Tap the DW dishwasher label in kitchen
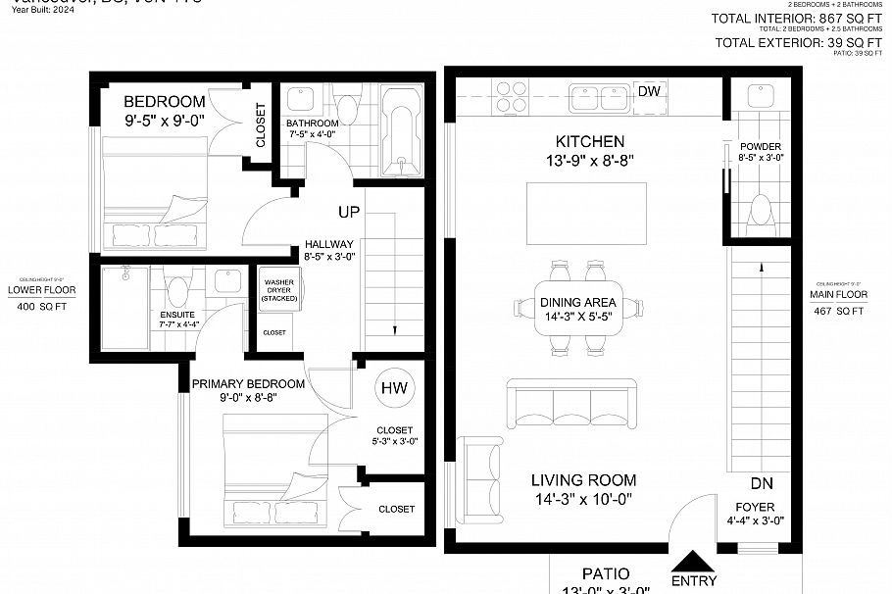tap(649, 91)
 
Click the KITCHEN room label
tap(589, 142)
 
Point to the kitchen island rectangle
tap(588, 214)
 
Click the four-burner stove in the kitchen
tap(510, 96)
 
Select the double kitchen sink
tap(598, 97)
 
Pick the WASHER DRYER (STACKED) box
tap(278, 291)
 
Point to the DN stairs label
tap(762, 483)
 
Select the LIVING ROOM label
tap(583, 480)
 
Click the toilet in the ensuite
tap(177, 291)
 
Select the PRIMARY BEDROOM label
tap(248, 383)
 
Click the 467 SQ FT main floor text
tap(837, 311)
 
